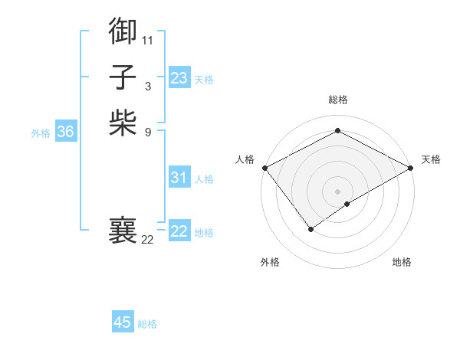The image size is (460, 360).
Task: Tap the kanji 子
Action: coord(123,77)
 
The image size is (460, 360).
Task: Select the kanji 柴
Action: coord(123,123)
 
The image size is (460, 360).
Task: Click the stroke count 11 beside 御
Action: coord(148,39)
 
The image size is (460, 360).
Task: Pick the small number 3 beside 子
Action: coord(148,86)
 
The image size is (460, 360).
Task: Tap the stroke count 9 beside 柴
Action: coord(148,133)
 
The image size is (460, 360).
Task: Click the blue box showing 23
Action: coord(179,78)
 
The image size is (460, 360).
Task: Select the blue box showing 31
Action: coord(179,178)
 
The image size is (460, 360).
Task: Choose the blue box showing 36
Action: coord(66,132)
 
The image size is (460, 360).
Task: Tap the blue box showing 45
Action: coord(123,322)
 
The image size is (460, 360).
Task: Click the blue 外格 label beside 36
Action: coord(41,133)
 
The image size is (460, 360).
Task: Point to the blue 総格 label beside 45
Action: coord(147,324)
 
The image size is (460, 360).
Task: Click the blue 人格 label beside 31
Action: coord(204,179)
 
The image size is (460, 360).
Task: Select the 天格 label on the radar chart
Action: coord(431,159)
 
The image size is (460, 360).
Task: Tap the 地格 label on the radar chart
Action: coord(402,262)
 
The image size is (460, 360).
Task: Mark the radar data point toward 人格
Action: coord(264,167)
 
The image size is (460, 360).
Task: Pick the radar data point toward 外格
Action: coord(311,229)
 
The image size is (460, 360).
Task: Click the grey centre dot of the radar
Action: coord(338,191)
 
